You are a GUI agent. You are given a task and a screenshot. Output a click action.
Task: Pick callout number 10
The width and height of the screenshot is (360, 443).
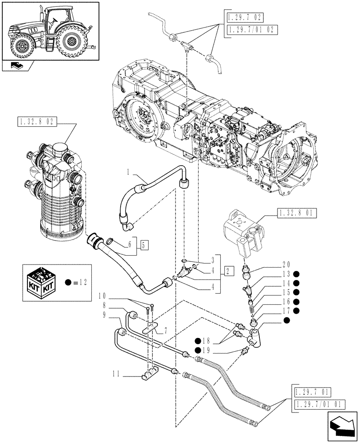point(103,295)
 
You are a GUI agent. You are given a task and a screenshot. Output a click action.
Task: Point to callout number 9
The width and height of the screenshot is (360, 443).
point(103,315)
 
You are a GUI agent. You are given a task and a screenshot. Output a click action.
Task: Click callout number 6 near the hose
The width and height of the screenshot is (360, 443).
point(130,243)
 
